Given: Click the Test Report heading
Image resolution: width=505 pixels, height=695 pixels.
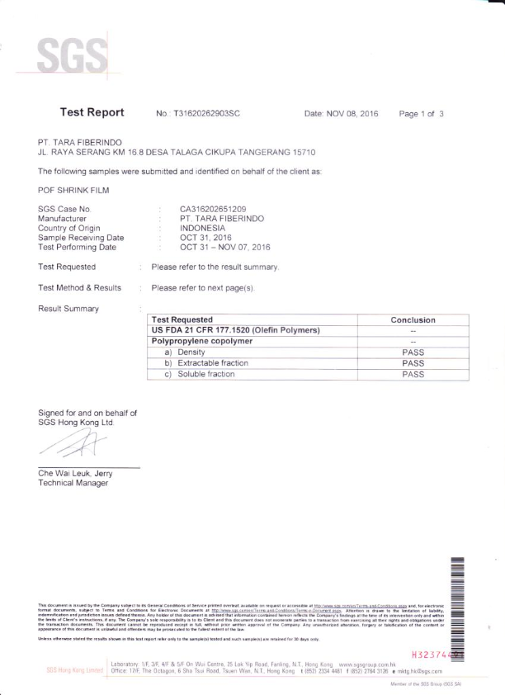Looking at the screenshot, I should [92, 112].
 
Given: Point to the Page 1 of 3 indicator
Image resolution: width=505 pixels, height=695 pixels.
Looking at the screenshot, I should [422, 113].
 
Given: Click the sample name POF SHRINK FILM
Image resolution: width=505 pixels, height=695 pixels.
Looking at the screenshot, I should [74, 190].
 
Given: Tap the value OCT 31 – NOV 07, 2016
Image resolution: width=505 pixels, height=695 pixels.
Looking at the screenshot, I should [224, 246].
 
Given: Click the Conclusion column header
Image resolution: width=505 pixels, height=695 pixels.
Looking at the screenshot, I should [412, 320].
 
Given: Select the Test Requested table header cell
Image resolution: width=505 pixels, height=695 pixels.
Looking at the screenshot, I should [182, 319].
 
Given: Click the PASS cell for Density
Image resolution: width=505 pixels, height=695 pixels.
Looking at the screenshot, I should [412, 352].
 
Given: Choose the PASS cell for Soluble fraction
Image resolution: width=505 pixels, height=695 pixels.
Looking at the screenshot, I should [412, 374].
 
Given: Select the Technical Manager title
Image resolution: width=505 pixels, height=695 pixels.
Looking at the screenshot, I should [73, 483].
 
